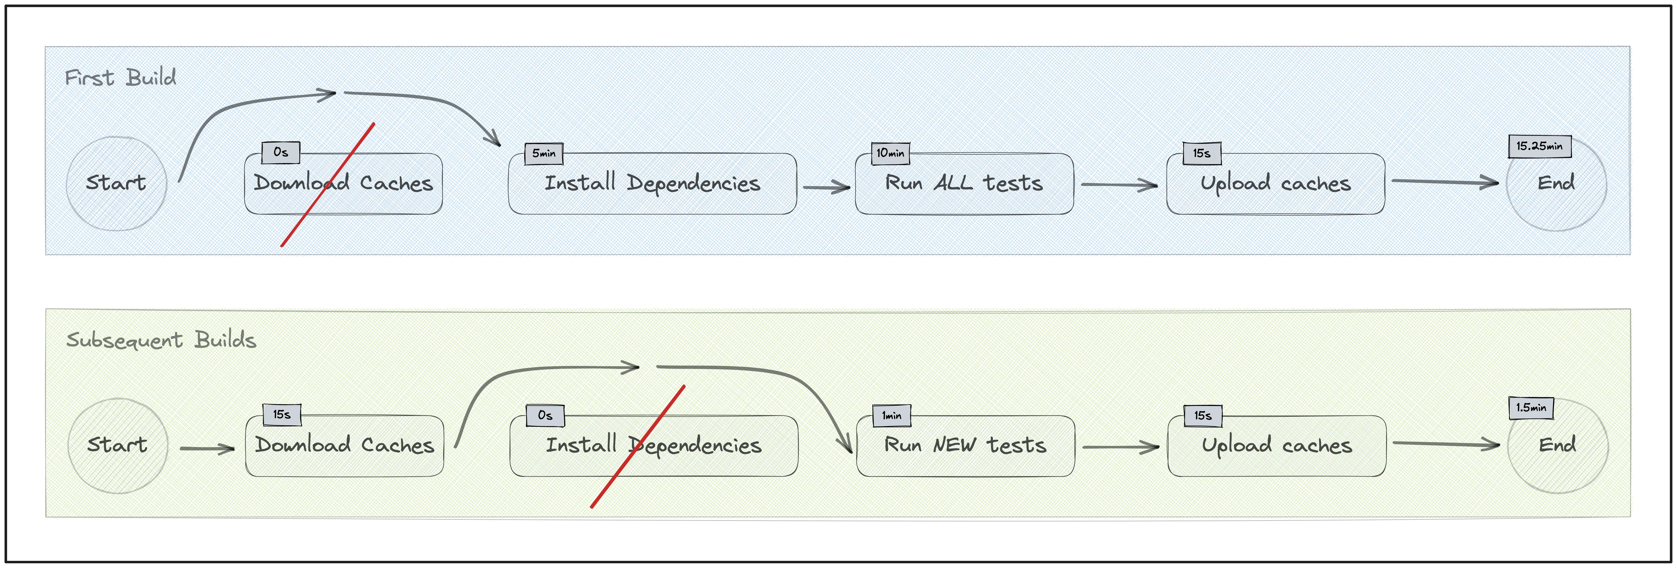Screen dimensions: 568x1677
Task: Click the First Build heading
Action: pos(121,78)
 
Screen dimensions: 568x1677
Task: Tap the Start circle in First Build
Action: pos(116,183)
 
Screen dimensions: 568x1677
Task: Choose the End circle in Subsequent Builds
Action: pos(1557,446)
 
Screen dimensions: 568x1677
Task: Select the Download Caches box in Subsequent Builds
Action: pos(344,446)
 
